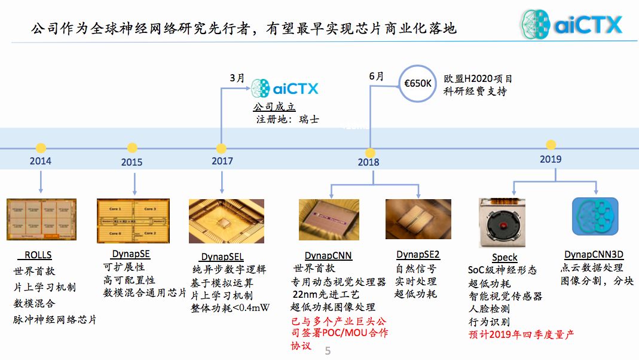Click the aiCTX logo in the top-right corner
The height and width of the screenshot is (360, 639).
pyautogui.click(x=571, y=25)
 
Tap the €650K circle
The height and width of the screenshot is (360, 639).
pyautogui.click(x=417, y=83)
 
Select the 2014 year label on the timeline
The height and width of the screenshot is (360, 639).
pyautogui.click(x=41, y=161)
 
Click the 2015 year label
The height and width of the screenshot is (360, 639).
pyautogui.click(x=132, y=162)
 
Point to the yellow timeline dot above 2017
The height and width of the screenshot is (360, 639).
pyautogui.click(x=221, y=148)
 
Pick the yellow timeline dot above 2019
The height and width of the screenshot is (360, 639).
pyautogui.click(x=551, y=145)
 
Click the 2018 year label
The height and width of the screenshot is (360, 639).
pyautogui.click(x=369, y=162)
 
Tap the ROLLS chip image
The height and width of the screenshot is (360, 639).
pyautogui.click(x=42, y=219)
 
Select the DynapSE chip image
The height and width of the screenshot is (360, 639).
pyautogui.click(x=134, y=221)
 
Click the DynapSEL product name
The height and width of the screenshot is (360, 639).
pyautogui.click(x=222, y=257)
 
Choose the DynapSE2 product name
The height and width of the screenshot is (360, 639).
pyautogui.click(x=418, y=255)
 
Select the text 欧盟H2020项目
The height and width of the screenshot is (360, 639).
pyautogui.click(x=478, y=79)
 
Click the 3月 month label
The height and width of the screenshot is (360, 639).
pyautogui.click(x=237, y=78)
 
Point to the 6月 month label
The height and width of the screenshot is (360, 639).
pyautogui.click(x=377, y=76)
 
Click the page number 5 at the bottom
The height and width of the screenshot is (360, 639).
pyautogui.click(x=328, y=351)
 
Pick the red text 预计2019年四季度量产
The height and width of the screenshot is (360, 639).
pyautogui.click(x=521, y=334)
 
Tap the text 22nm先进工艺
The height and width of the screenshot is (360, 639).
pyautogui.click(x=325, y=295)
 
